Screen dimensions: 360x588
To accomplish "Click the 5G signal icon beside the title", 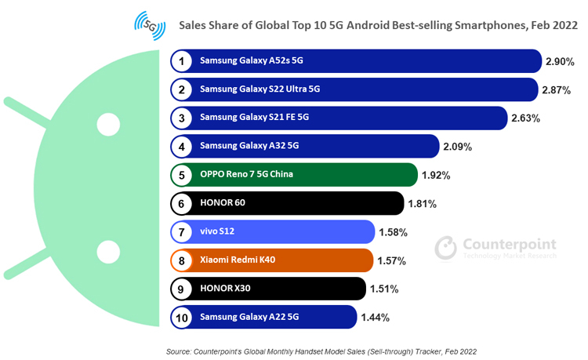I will tap(150, 25).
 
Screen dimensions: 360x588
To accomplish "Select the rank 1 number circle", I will tap(182, 61).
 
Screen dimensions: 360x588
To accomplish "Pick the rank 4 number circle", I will tap(182, 146).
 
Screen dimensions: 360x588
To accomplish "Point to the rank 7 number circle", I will tap(182, 232).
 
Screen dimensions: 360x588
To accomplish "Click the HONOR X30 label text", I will tap(225, 289).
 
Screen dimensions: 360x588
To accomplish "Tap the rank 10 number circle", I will tap(182, 317).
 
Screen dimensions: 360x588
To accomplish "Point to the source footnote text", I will tap(321, 351).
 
